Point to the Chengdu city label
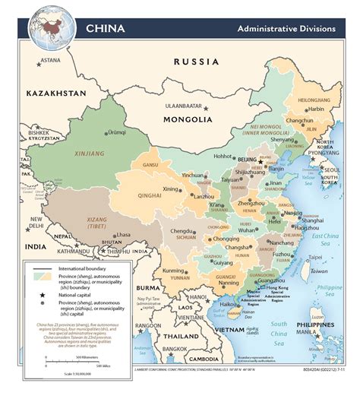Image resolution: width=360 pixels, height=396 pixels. pos(182,230)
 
